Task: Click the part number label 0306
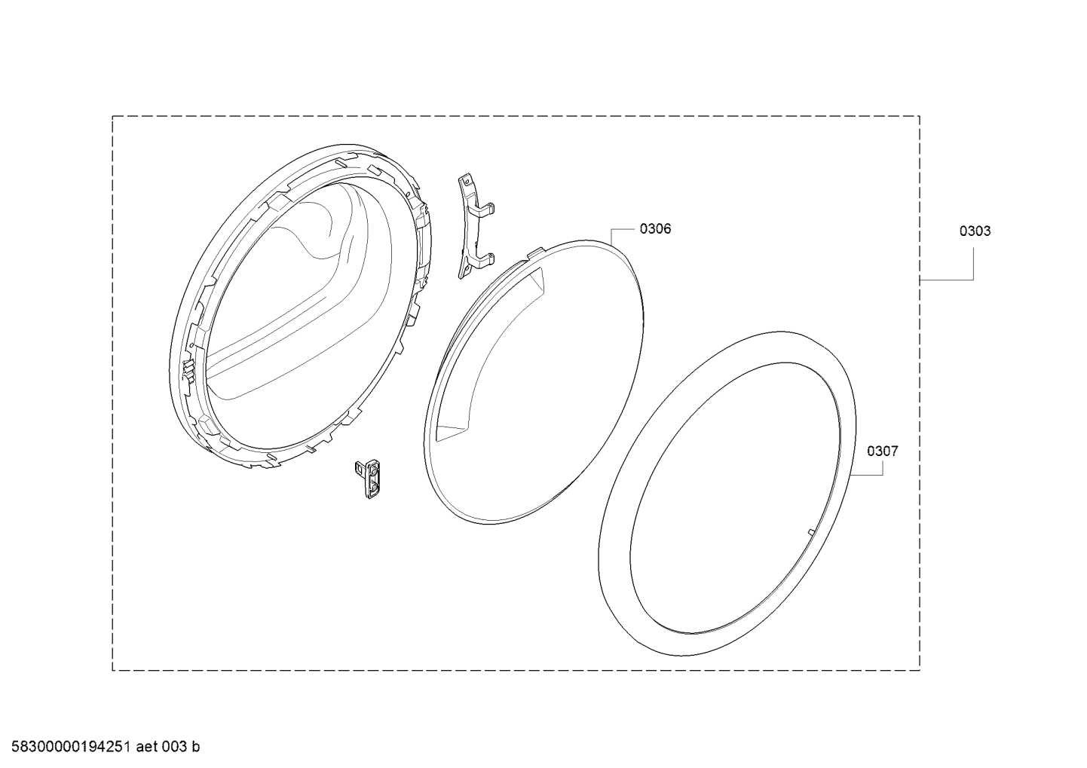click(655, 228)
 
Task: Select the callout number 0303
click(975, 231)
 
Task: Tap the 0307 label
click(883, 451)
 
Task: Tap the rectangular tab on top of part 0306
click(535, 252)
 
